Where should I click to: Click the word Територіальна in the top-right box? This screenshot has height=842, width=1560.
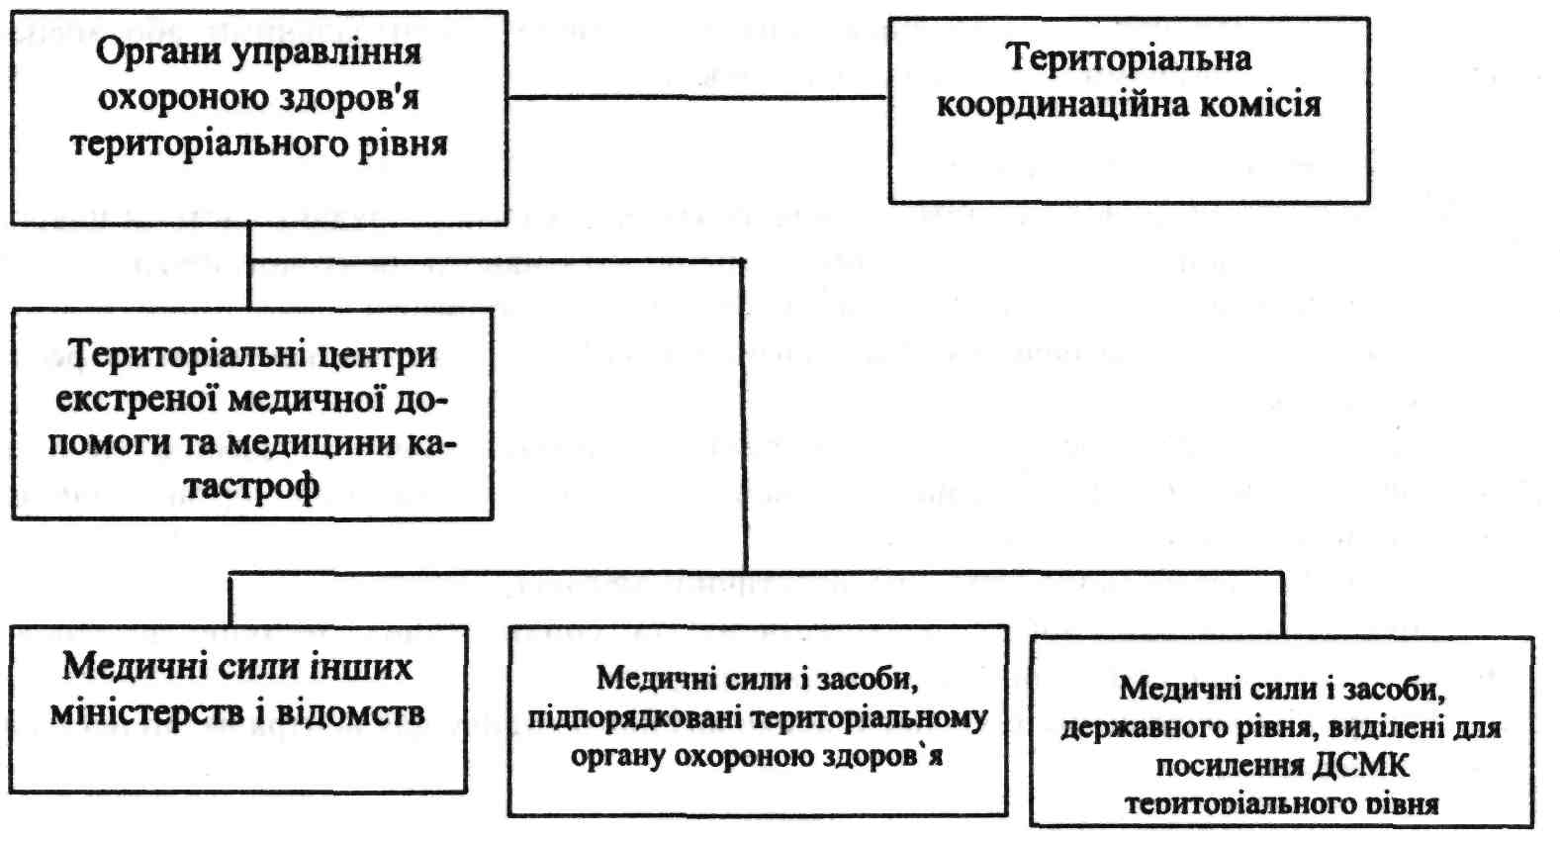pos(1130,58)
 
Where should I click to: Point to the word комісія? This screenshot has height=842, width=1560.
pos(1259,106)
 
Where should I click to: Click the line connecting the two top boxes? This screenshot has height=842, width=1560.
pos(697,98)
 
